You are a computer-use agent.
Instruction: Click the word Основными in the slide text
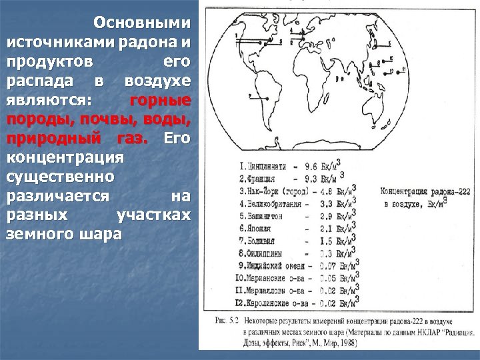(x=142, y=23)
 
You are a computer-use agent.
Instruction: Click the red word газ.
(x=133, y=139)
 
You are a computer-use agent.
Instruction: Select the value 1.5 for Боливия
(x=313, y=241)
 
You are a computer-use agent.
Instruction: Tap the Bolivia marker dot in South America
(x=268, y=98)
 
